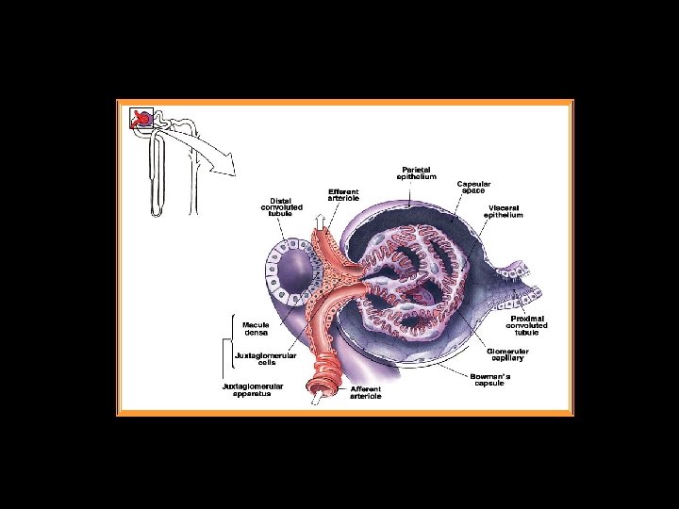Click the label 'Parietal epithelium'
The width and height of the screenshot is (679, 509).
(415, 173)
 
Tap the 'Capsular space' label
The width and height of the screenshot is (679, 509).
(473, 187)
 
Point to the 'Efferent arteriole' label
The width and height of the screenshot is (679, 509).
(343, 195)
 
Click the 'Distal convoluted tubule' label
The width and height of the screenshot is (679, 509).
(281, 207)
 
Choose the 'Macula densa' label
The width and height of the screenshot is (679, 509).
(257, 329)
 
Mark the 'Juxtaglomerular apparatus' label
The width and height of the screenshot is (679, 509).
(252, 389)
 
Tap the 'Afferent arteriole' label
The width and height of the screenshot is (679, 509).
(366, 392)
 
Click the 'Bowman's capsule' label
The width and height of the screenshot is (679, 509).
(491, 380)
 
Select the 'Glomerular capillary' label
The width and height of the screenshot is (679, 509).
(507, 355)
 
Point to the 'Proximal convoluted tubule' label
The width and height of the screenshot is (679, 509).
(529, 326)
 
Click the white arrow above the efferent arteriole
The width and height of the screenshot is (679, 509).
(320, 222)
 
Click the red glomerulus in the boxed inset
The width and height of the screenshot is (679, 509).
(141, 118)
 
